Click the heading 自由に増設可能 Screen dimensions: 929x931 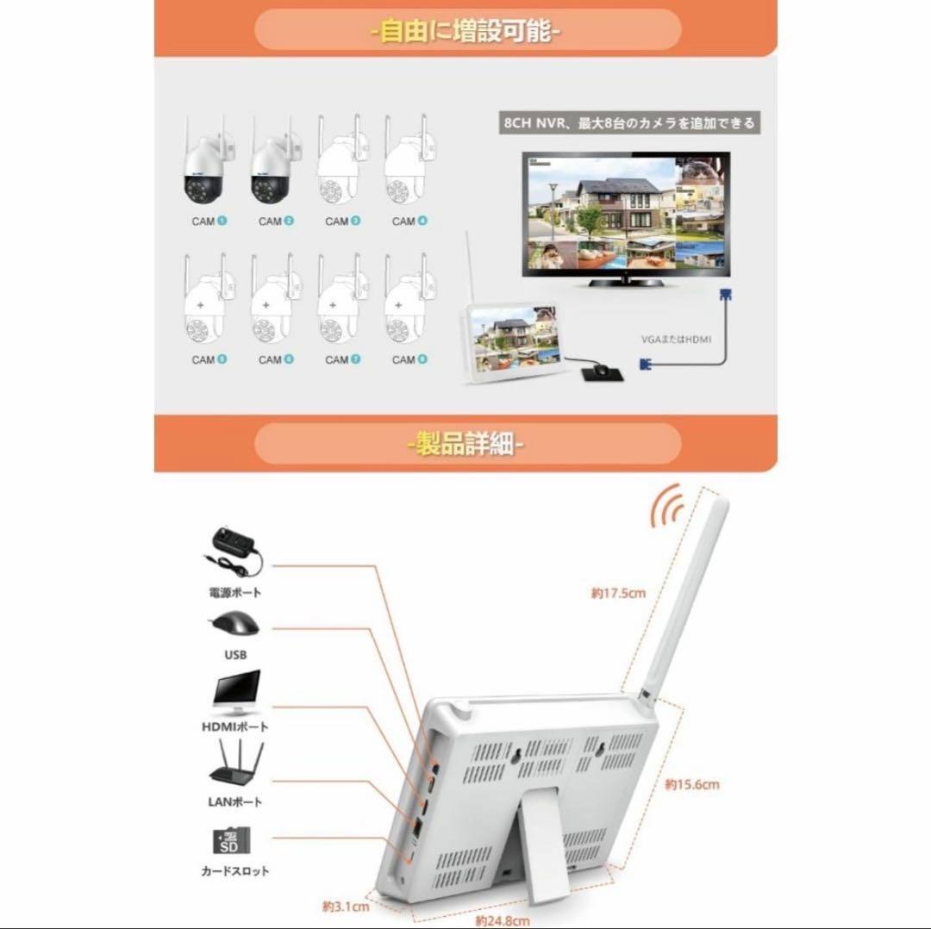[466, 33]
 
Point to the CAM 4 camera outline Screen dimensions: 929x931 [409, 163]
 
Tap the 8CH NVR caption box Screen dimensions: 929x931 [629, 123]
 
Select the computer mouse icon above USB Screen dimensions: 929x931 [234, 627]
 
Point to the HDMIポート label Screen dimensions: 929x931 [235, 726]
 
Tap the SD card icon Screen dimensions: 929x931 [231, 840]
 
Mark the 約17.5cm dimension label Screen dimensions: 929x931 [618, 593]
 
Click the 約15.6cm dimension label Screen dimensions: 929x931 [691, 784]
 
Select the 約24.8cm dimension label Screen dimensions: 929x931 [502, 920]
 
